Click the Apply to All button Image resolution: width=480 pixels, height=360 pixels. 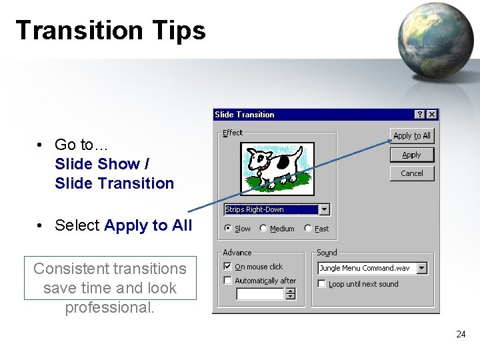click(x=412, y=135)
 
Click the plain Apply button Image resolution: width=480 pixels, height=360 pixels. click(x=412, y=155)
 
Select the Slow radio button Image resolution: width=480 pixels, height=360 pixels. click(x=229, y=229)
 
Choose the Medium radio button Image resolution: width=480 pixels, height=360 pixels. click(x=263, y=229)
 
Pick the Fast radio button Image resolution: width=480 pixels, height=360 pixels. click(x=308, y=229)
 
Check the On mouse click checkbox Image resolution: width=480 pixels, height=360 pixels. click(x=228, y=267)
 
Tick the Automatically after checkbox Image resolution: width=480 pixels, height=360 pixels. click(x=228, y=281)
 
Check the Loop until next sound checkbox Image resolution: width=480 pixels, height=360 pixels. click(x=322, y=284)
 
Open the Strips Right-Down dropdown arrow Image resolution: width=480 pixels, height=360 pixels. click(x=325, y=209)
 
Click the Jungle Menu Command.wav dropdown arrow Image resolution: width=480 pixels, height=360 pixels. click(x=422, y=268)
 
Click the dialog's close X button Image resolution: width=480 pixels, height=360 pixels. click(x=432, y=115)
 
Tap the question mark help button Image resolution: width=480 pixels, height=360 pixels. click(x=419, y=115)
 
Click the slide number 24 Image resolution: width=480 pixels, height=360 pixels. click(x=461, y=335)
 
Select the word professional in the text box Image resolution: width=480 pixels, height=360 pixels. click(x=109, y=307)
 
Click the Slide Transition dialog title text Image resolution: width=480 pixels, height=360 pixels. click(x=245, y=115)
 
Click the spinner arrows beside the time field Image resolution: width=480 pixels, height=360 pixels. click(x=291, y=294)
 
